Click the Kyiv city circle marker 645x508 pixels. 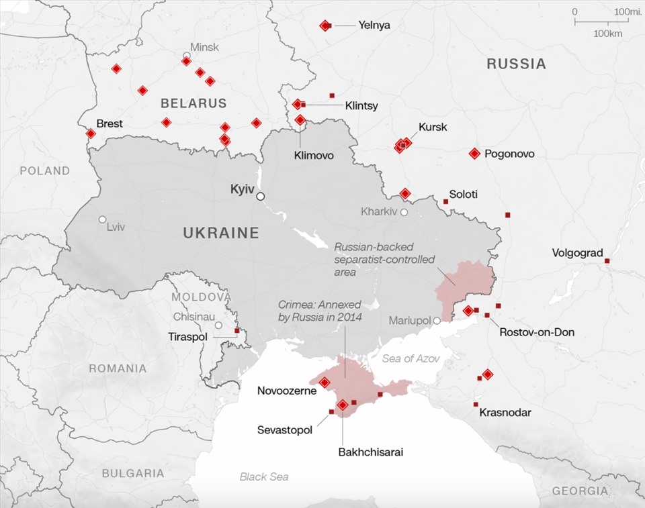pos(260,196)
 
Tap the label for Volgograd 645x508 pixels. pos(577,253)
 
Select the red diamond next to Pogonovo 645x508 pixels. pos(474,154)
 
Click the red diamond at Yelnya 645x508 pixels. pos(325,26)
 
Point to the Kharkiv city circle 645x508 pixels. pos(404,212)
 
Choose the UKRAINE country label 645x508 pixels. pos(221,234)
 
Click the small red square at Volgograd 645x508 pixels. pos(607,261)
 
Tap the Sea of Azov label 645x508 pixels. pos(411,359)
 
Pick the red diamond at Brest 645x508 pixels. pos(91,134)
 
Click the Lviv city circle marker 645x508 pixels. pos(102,219)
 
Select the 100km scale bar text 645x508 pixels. pos(607,34)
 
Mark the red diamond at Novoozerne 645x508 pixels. pos(325,383)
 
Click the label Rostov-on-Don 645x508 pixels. pos(537,332)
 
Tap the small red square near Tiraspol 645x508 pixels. pos(236,330)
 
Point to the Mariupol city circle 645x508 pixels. pos(437,321)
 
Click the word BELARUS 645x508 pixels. pos(193,103)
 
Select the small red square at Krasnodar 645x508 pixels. pos(476,405)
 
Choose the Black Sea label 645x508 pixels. pos(264,476)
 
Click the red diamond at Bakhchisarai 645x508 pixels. pos(343,405)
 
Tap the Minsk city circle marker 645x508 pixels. pos(187,56)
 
